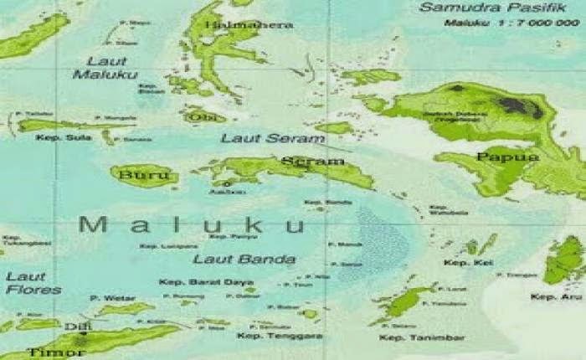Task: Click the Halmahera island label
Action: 256,25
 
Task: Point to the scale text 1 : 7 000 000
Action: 536,23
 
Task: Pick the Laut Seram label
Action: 260,138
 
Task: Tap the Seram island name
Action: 312,161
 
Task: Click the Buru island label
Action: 138,176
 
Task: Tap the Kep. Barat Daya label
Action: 203,282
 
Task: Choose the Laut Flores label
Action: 33,283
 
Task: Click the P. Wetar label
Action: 105,297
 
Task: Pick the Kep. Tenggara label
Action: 268,337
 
